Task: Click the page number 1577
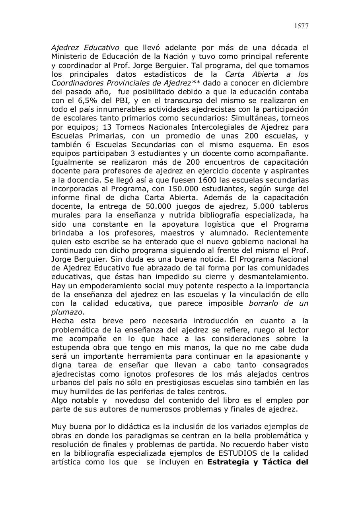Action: (302, 26)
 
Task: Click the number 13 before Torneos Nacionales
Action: (107, 127)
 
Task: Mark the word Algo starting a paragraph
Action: (59, 400)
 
